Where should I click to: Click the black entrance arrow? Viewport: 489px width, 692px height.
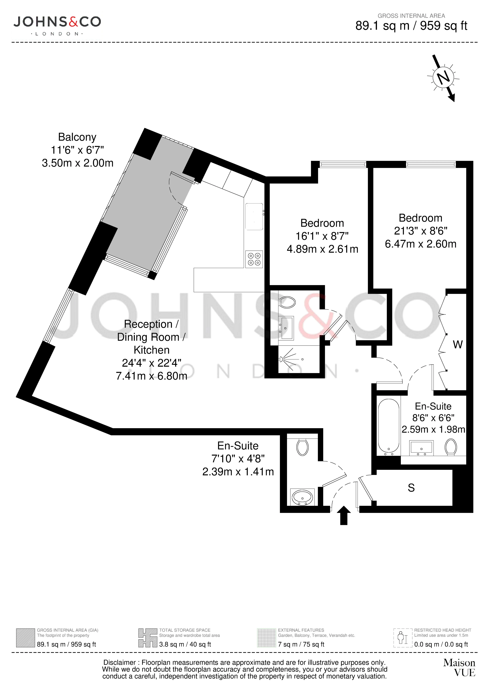click(x=344, y=515)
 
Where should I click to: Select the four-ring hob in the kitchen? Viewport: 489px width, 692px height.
click(x=254, y=259)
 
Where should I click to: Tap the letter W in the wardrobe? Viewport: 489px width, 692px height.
click(x=458, y=345)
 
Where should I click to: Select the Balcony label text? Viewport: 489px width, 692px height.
click(x=77, y=137)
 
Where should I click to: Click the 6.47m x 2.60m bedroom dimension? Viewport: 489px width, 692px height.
click(x=421, y=244)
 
